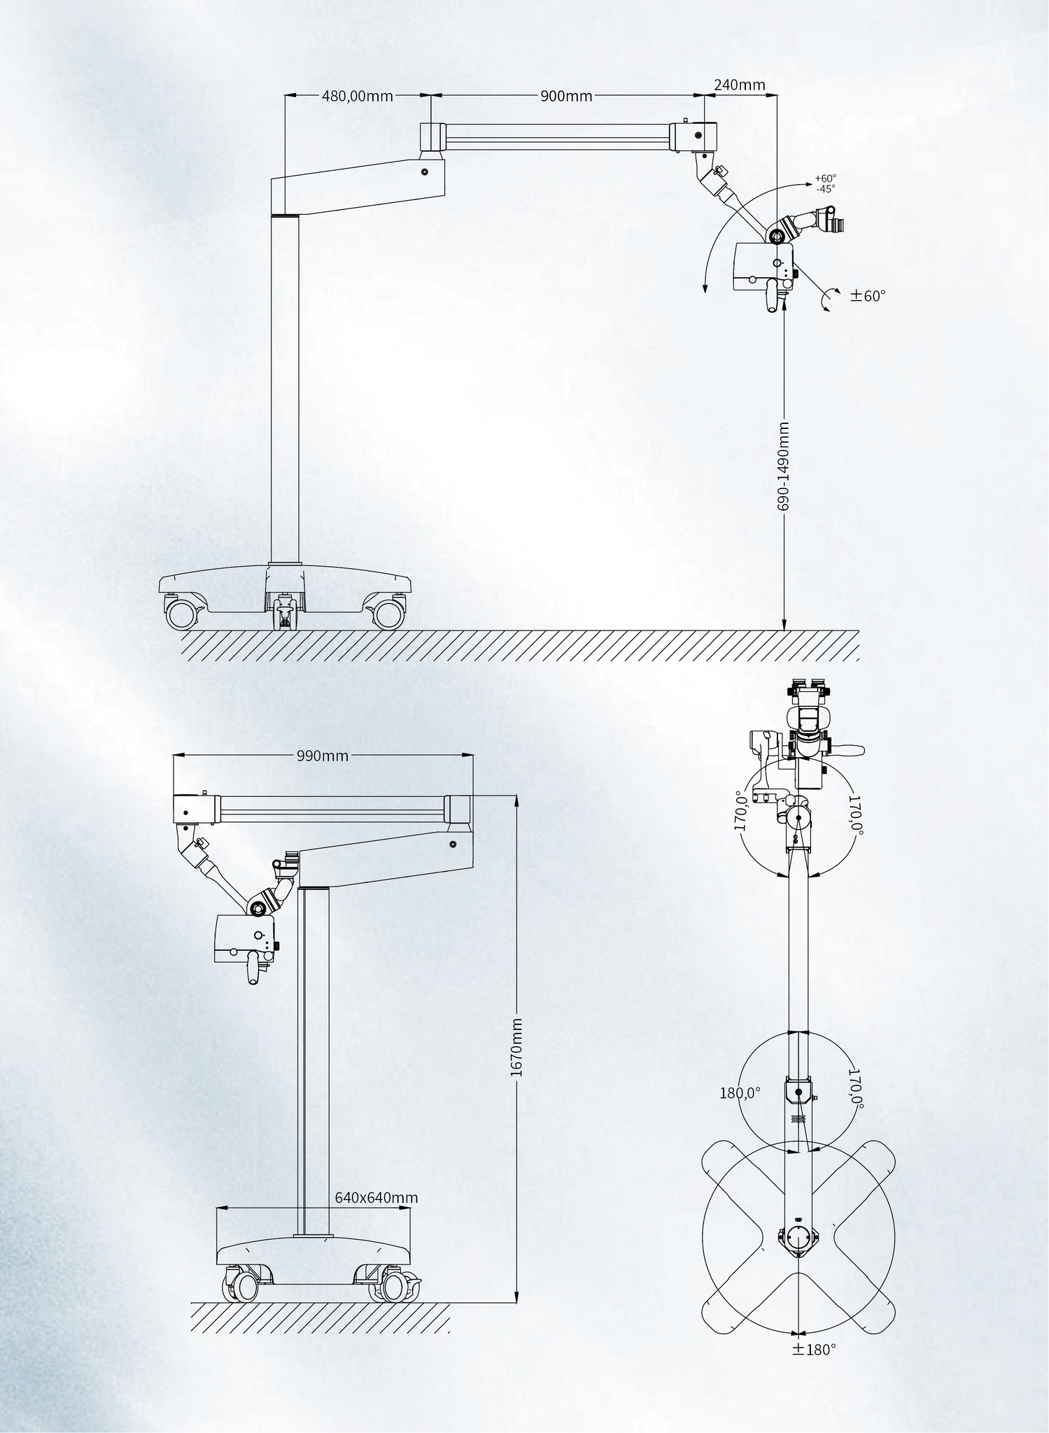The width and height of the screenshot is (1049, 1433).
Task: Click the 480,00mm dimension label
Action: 357,96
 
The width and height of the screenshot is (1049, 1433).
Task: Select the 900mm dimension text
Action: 566,96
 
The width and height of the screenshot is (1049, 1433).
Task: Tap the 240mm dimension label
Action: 739,85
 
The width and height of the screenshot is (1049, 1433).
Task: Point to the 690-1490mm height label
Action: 784,465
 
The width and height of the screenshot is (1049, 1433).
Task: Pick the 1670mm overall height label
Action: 516,1047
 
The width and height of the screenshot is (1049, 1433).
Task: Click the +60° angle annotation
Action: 826,178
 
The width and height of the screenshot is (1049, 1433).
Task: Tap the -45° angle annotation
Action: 826,188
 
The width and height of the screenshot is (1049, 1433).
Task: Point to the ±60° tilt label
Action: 868,295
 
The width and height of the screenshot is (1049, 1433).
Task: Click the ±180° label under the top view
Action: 814,1350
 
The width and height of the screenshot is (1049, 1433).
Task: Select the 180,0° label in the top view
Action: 740,1093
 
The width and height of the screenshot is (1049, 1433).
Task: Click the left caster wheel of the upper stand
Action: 181,614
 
